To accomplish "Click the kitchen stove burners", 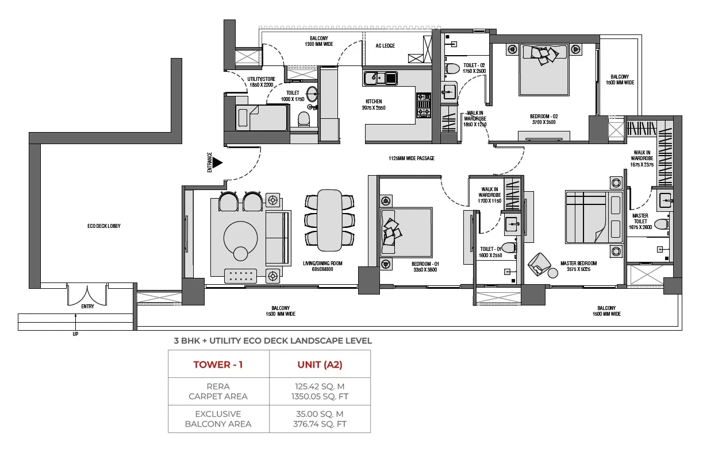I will point(423,104).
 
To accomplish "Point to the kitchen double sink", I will point(379,77).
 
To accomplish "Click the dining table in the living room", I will point(329,220).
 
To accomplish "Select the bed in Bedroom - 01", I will point(406,232).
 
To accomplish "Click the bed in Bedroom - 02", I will point(543,69).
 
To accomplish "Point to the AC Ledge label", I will point(385,46).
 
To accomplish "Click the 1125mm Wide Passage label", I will point(411,158).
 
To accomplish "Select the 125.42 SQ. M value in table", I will point(320,386).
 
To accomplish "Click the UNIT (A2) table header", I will point(320,365).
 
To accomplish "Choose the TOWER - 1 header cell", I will point(218,365).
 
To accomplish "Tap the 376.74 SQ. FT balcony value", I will point(320,424).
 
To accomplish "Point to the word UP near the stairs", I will point(75,334).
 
